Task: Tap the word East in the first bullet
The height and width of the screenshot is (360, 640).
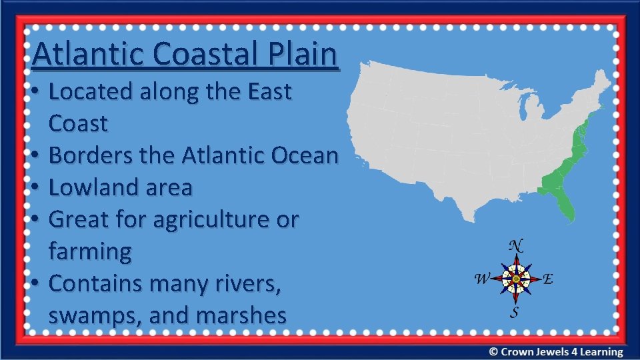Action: point(267,91)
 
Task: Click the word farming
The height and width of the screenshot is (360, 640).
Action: point(90,252)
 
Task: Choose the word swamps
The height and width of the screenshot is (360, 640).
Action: point(95,315)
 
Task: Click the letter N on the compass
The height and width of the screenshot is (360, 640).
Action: point(515,245)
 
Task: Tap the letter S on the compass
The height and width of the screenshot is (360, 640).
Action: point(515,312)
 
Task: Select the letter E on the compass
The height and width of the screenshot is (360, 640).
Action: point(547,279)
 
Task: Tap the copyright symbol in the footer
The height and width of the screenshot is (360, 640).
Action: point(493,351)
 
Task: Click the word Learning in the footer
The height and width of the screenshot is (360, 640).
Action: point(601,351)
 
